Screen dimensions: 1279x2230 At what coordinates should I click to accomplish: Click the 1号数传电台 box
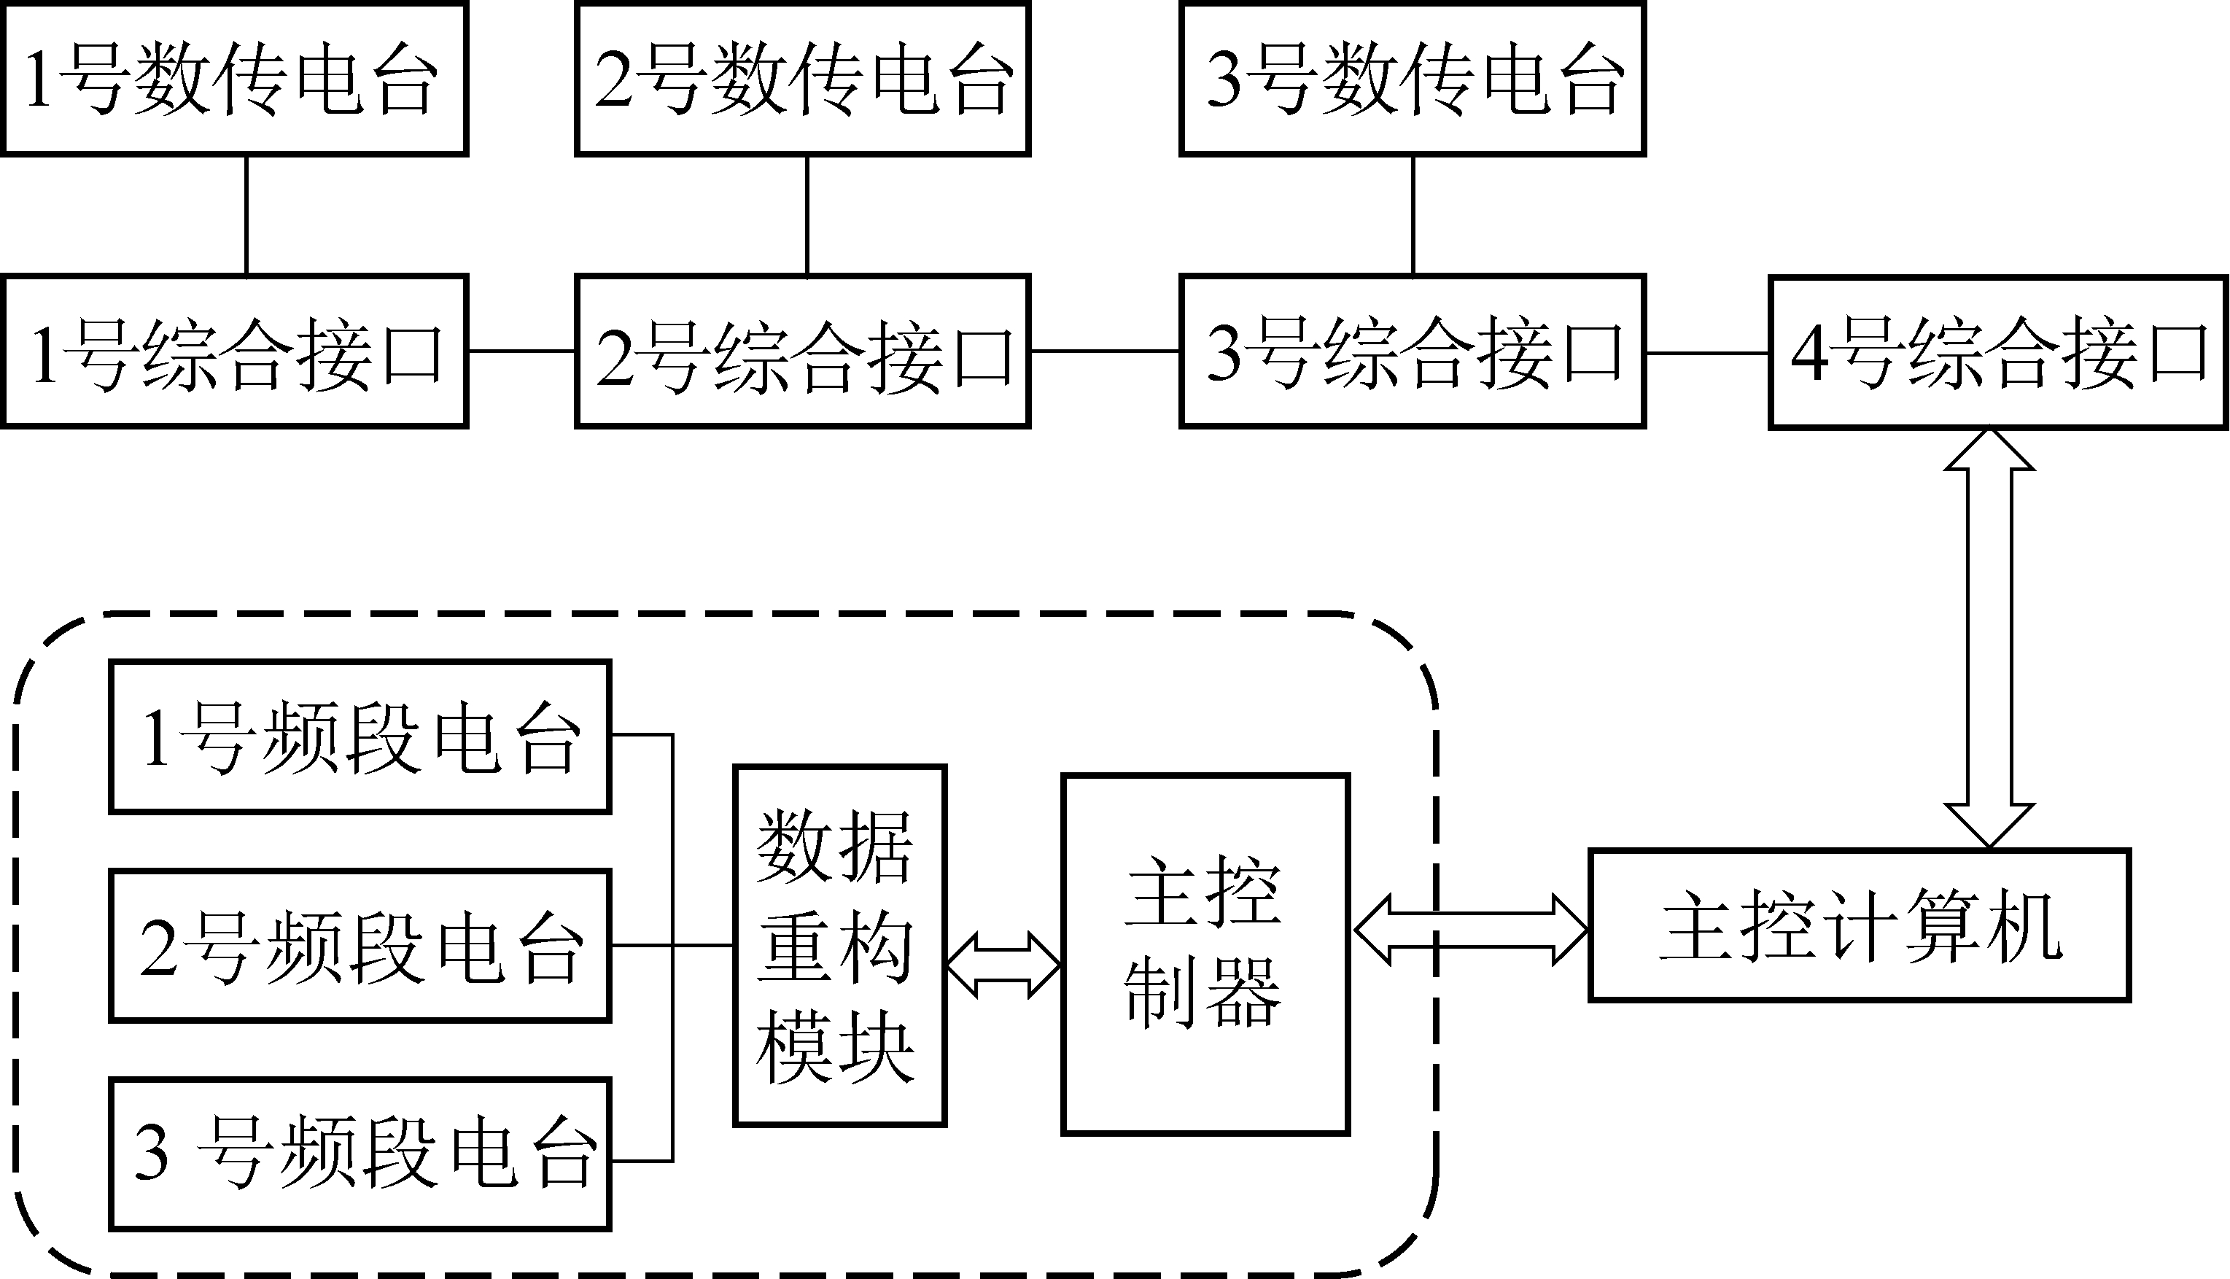pos(233,79)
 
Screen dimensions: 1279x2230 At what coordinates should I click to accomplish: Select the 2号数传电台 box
pos(802,79)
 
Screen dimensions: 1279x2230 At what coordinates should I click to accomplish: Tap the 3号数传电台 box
pos(1413,79)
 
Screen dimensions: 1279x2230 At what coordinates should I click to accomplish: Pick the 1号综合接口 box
pos(233,351)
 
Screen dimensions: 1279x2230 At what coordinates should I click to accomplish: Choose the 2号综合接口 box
pos(802,351)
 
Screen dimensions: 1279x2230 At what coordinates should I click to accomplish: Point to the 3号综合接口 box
pos(1413,351)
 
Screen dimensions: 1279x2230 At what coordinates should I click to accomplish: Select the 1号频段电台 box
pos(360,737)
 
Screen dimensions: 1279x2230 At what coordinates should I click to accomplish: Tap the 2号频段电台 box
pos(360,946)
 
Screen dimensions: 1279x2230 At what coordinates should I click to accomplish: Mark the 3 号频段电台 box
pos(360,1154)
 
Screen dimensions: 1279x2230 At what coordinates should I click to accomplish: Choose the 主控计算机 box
pos(1860,926)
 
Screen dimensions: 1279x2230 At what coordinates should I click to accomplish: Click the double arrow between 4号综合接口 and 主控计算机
pos(1989,639)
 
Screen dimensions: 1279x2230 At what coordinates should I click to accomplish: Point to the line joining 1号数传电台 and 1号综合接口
pos(246,215)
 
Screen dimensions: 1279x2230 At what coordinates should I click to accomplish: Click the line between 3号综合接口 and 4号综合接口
pos(1706,353)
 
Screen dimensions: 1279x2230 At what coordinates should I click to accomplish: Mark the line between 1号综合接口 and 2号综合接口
pos(521,351)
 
